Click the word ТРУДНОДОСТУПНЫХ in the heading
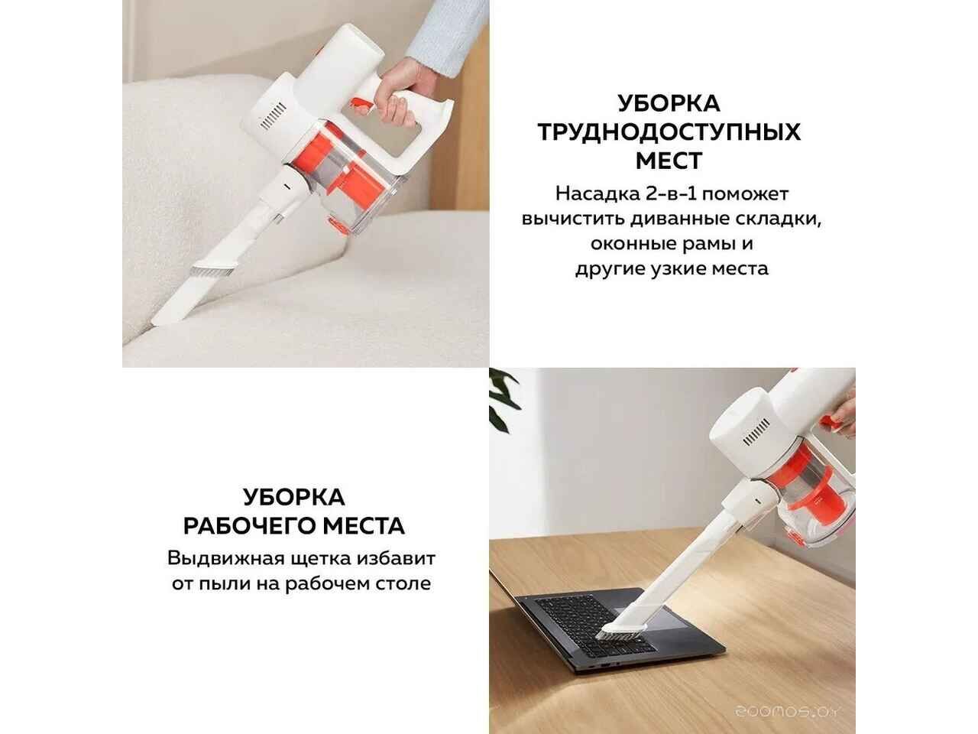669,132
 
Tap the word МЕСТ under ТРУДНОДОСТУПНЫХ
669,161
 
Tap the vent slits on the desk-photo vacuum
756,432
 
